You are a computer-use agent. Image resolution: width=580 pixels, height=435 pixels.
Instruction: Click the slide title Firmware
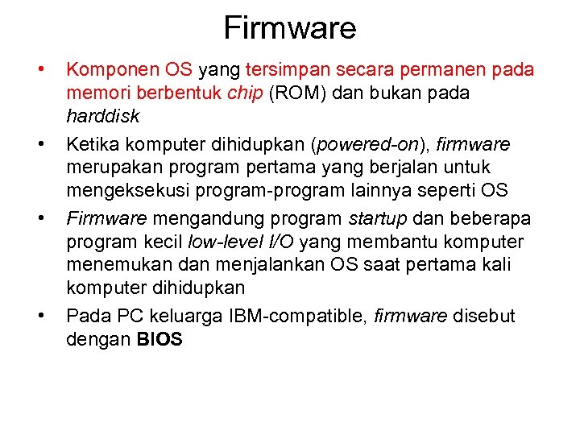tap(289, 28)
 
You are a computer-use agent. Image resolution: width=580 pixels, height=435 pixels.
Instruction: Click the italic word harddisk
tap(102, 116)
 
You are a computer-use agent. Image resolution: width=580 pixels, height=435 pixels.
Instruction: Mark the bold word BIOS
tap(159, 340)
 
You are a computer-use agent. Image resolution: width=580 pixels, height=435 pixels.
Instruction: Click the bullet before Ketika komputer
tap(40, 146)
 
